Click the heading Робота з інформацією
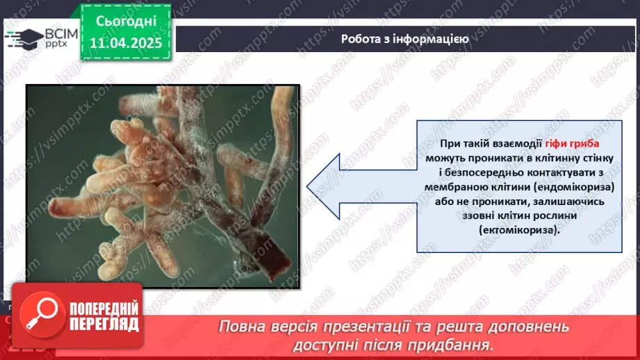click(404, 39)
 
